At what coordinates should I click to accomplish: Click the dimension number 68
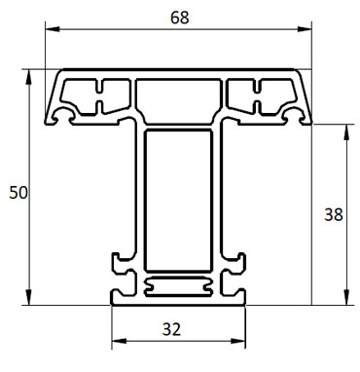pos(178,19)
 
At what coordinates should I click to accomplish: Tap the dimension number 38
pos(333,214)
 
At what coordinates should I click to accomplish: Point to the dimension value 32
pos(172,328)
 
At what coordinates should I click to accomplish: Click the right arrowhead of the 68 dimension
pos(309,33)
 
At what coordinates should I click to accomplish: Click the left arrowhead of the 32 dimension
pos(117,342)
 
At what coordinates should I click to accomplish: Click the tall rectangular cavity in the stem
pos(178,202)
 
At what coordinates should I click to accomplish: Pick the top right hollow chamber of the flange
pos(261,95)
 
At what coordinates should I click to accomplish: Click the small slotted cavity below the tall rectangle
pos(178,286)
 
